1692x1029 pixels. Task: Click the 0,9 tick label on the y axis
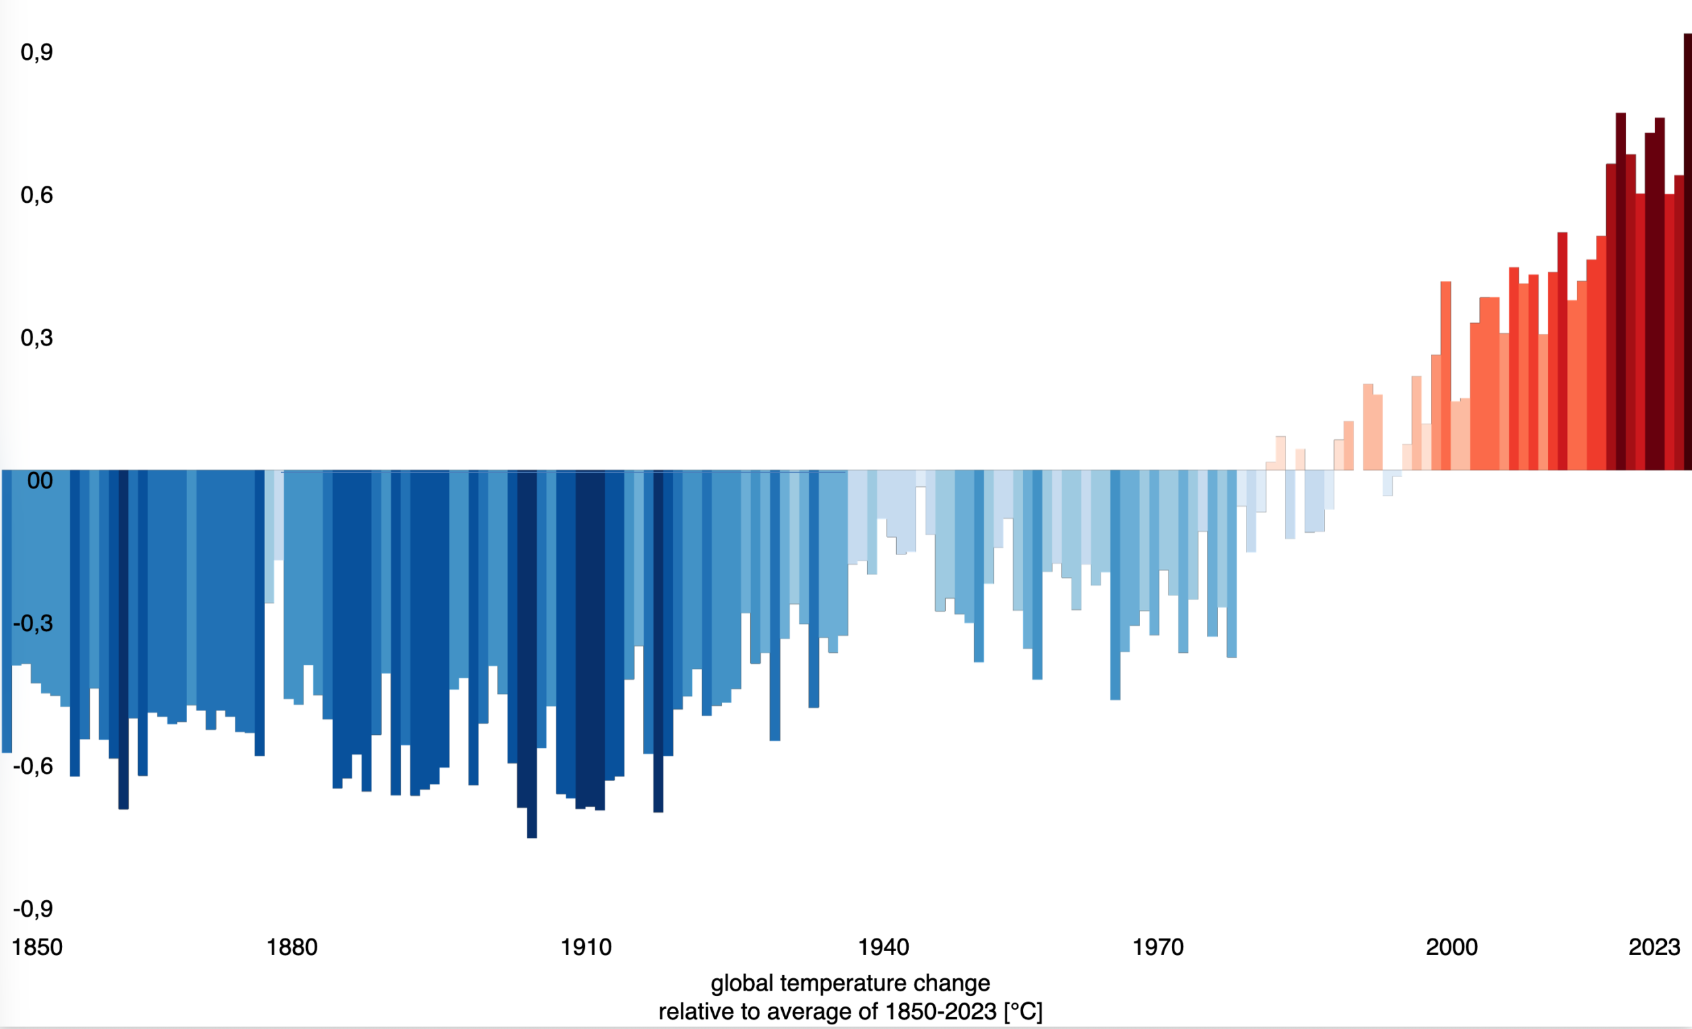click(36, 52)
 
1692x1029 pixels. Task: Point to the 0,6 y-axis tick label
click(36, 195)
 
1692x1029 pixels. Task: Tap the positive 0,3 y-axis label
click(36, 338)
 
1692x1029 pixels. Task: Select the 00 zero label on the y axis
click(40, 480)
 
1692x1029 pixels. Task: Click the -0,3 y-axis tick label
click(33, 623)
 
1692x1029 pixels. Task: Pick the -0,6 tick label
click(33, 766)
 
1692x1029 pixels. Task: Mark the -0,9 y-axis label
click(33, 909)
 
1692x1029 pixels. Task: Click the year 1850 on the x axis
click(37, 947)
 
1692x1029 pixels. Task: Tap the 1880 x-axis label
click(292, 947)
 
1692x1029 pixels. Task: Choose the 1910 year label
click(586, 947)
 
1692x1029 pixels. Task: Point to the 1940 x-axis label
click(883, 947)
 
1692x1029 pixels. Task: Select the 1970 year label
click(1158, 947)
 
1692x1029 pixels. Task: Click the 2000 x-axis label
click(1451, 947)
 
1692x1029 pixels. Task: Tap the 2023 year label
click(1654, 947)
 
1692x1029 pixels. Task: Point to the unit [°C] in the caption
click(1022, 1012)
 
